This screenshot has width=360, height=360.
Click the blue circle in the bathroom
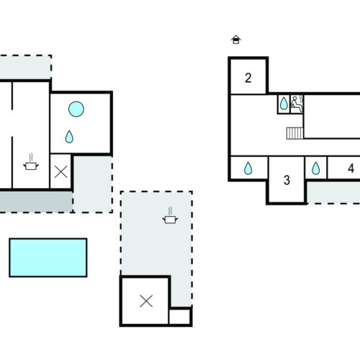click(76, 109)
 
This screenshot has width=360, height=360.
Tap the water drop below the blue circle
click(69, 137)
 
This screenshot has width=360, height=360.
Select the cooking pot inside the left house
click(31, 163)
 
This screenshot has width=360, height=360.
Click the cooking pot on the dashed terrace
click(170, 216)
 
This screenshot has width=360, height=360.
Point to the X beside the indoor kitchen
click(61, 172)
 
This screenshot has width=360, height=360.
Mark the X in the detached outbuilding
click(146, 301)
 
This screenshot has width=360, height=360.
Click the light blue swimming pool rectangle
click(48, 258)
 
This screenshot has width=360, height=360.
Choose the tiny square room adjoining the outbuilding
click(180, 316)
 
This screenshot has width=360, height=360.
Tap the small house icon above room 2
click(236, 40)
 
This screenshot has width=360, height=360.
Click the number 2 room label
click(248, 78)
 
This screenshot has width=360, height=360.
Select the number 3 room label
click(287, 180)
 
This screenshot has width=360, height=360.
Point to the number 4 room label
click(351, 168)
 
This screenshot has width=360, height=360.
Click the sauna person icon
click(297, 104)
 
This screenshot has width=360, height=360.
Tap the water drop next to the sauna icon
click(284, 103)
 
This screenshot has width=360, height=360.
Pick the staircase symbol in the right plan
click(295, 133)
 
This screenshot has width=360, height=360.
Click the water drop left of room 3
click(248, 168)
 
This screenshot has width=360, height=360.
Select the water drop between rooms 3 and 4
click(316, 168)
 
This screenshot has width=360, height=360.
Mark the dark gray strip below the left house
click(36, 202)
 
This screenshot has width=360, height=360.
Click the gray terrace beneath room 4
click(333, 192)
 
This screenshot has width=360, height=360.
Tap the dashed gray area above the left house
click(25, 67)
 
